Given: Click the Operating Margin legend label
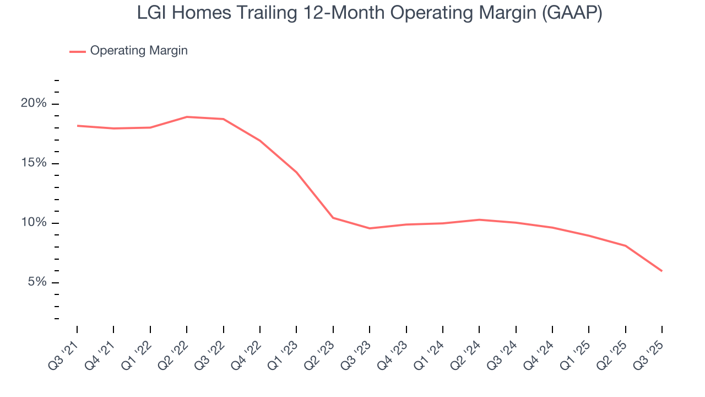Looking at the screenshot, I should coord(139,51).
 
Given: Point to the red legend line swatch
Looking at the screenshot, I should coord(78,51).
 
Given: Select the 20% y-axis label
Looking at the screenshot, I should coord(34,104).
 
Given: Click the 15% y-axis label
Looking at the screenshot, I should coord(34,163).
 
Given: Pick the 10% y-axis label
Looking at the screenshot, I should coord(34,223).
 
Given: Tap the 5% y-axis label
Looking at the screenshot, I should coord(36,282).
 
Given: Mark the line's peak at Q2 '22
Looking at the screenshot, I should coord(187,117).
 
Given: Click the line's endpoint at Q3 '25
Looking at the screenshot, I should coord(661,271).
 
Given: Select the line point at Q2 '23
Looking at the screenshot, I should coord(333,218).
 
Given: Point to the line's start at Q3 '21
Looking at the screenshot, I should coord(77,126).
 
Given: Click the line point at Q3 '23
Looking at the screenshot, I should coord(370,228).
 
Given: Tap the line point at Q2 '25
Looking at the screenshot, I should coord(625,245).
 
